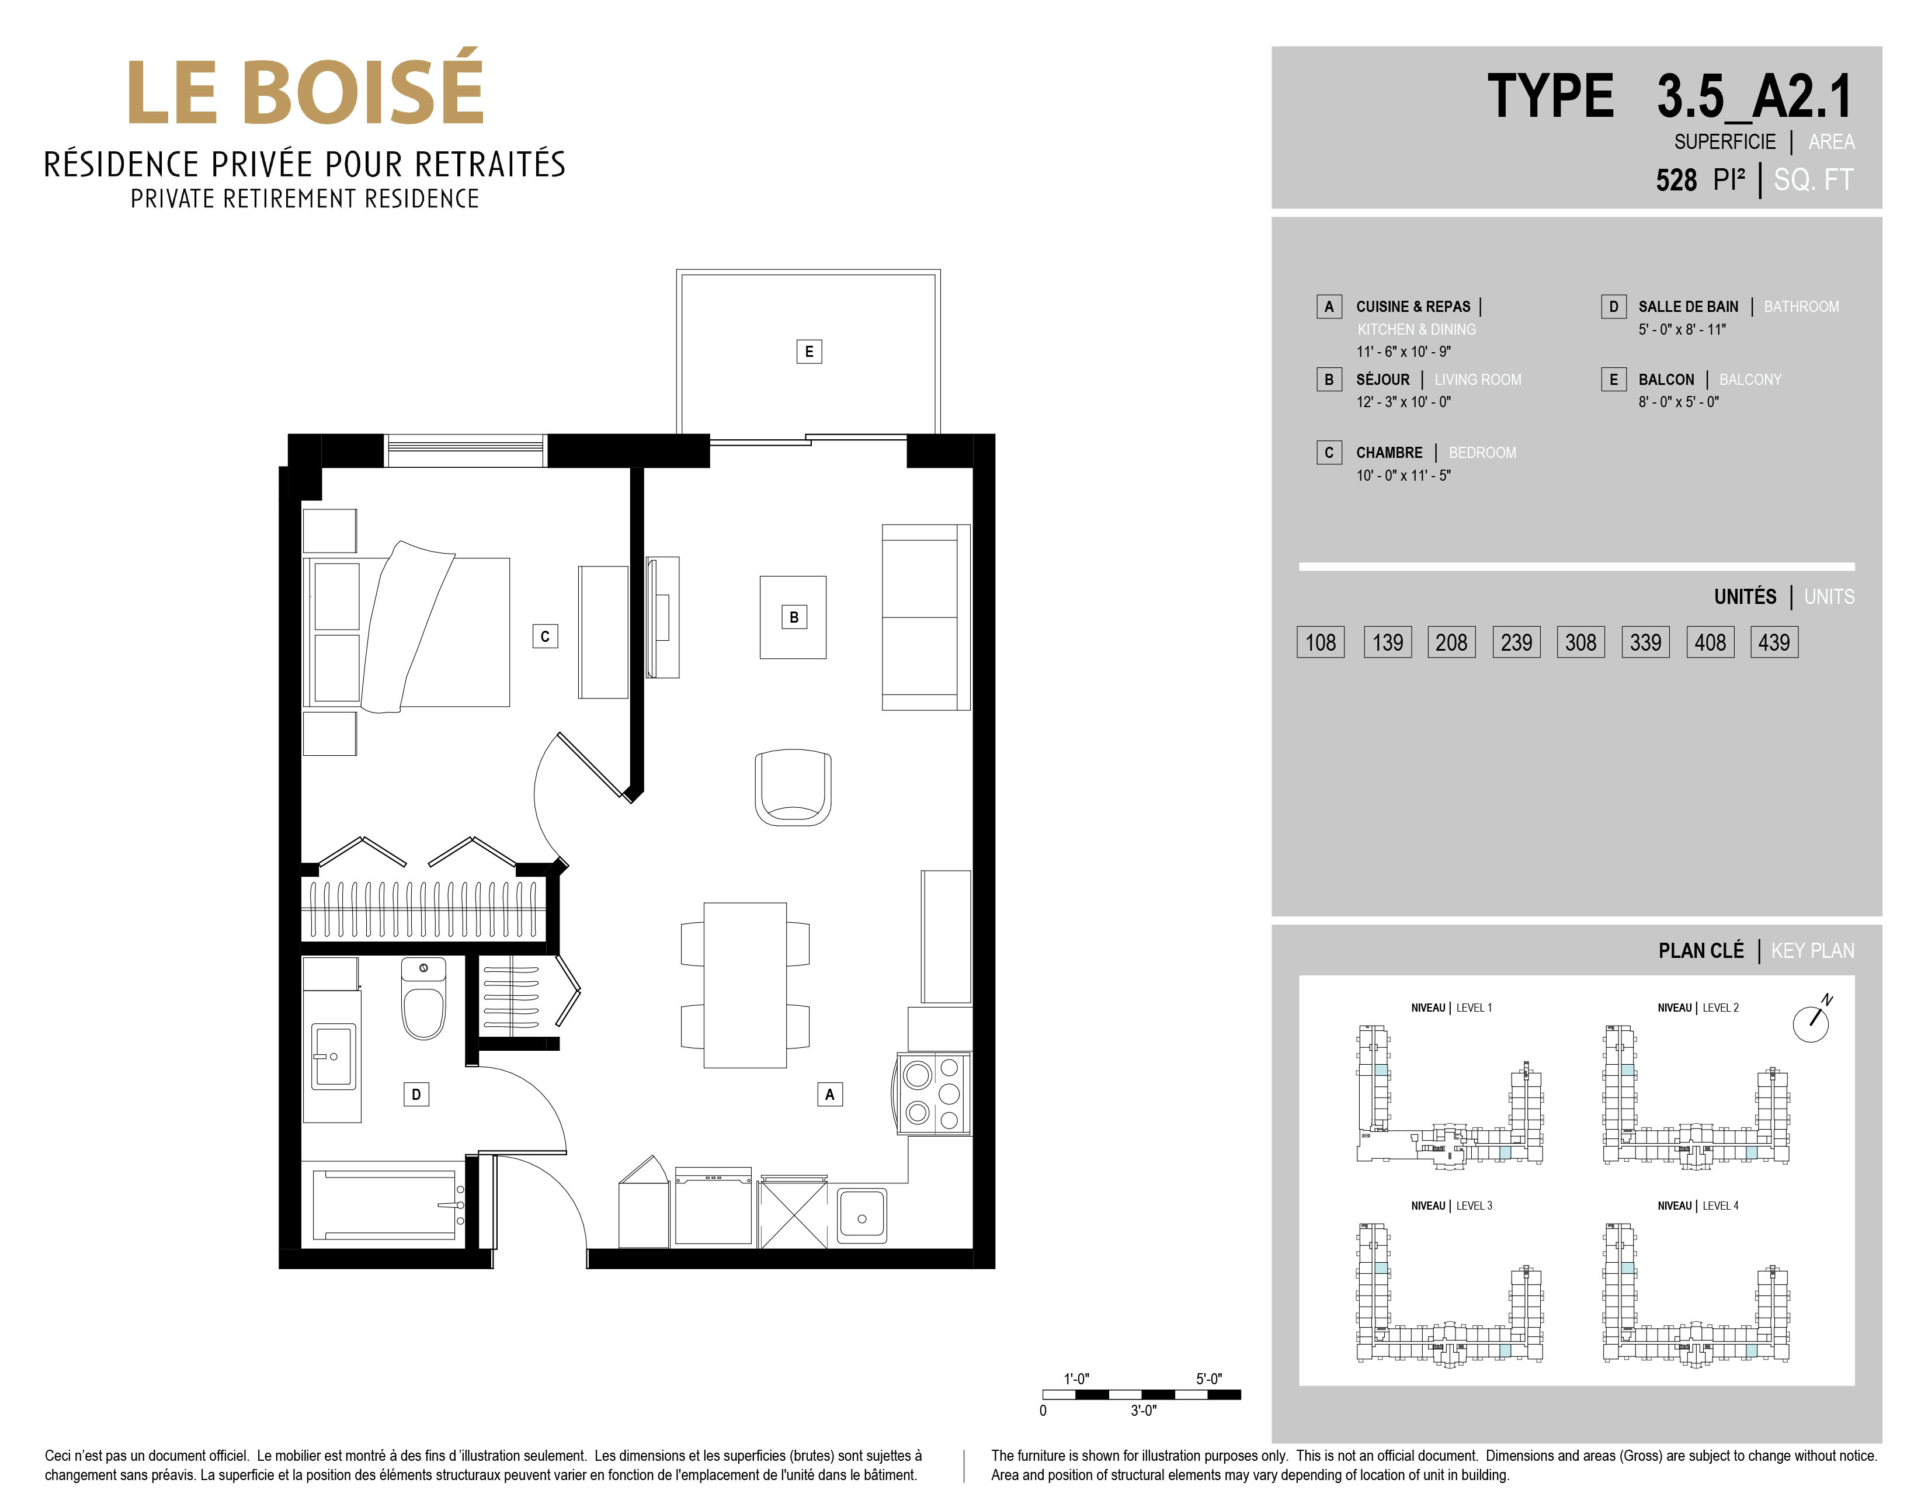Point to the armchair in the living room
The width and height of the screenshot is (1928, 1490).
793,787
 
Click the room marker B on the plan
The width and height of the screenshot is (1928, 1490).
794,617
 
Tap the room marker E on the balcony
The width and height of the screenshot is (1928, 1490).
808,351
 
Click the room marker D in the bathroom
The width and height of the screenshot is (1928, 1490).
416,1095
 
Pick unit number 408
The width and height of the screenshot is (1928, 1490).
1710,642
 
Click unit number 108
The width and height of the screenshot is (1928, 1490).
1321,642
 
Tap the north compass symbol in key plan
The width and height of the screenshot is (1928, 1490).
1811,1020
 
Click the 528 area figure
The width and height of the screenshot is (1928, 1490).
1676,180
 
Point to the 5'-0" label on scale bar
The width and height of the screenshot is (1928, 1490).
1208,1379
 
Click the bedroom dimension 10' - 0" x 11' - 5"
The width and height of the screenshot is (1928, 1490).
1404,475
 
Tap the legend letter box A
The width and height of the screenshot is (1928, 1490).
1329,306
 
